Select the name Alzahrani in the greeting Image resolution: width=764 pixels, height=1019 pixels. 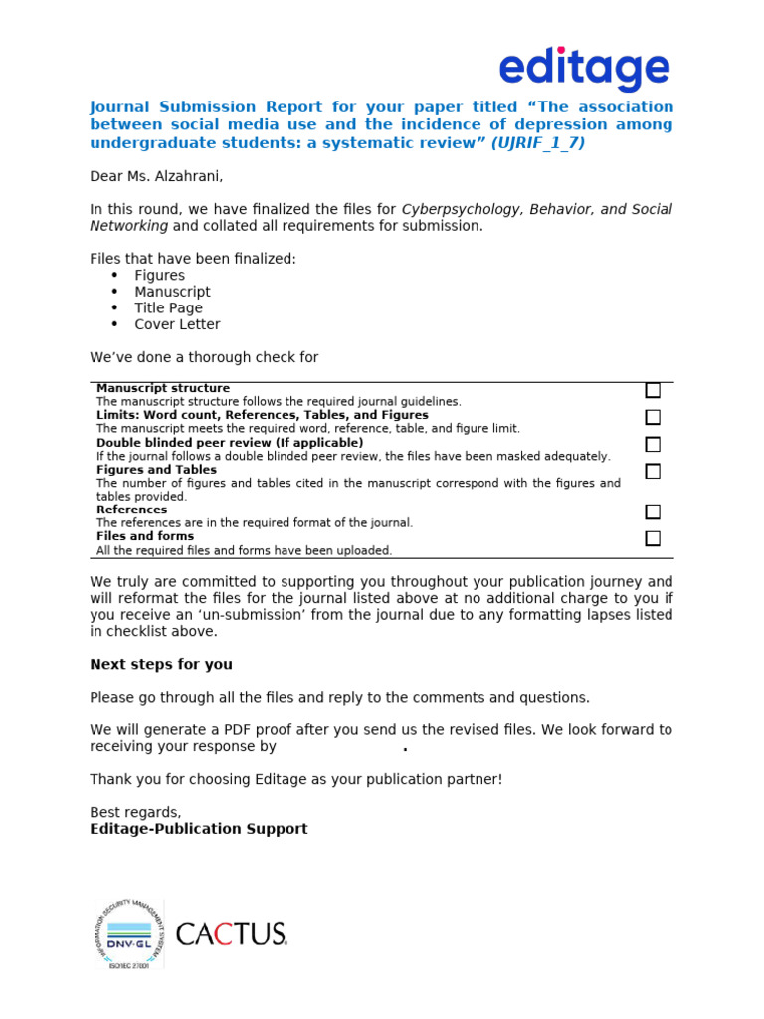pos(186,177)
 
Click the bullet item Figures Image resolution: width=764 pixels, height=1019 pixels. pos(160,276)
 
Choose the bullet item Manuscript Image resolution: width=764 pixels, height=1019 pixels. pos(173,292)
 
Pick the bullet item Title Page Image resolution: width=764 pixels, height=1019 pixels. pos(169,308)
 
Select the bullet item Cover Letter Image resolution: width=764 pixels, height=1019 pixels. pos(178,324)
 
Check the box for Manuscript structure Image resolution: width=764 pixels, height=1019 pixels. pos(653,391)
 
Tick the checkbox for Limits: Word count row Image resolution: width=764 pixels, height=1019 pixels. pos(653,418)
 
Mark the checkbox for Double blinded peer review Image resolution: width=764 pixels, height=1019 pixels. pos(653,445)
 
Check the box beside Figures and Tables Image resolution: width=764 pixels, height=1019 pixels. pos(653,472)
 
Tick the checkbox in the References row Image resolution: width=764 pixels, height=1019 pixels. pos(653,512)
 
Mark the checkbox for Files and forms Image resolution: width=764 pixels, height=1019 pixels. pos(653,539)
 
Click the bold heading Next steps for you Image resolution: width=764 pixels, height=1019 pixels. pos(161,664)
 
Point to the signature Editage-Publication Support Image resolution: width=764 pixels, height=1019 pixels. pos(199,829)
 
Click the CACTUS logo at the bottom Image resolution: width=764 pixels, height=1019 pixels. pos(231,934)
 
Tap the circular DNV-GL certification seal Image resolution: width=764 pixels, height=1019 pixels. pos(128,934)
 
